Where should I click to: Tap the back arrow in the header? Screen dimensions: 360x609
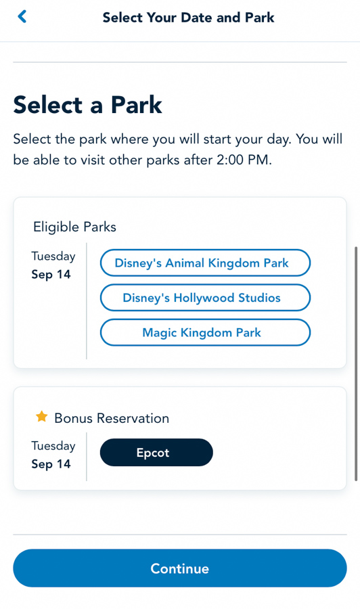tap(22, 17)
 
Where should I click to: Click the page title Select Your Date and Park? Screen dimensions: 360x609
tap(188, 18)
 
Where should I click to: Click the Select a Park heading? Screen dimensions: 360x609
tap(87, 105)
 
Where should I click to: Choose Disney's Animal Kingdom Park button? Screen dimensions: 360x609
tap(205, 263)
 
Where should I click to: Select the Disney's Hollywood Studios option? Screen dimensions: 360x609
tap(205, 298)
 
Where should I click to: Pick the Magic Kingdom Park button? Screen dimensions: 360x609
tap(205, 332)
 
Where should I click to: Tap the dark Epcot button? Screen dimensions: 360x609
tap(156, 453)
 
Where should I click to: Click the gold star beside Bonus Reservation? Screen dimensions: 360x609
tap(41, 417)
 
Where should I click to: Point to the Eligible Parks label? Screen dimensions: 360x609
tap(74, 227)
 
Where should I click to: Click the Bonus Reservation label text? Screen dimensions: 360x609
tap(112, 418)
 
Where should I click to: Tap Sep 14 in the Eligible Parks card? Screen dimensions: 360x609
tap(51, 274)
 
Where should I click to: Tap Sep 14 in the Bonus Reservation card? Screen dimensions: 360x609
tap(51, 464)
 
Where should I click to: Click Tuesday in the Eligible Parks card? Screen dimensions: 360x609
tap(53, 256)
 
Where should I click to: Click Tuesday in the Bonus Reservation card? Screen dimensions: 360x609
tap(53, 446)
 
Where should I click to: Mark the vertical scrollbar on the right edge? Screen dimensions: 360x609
tap(356, 364)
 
